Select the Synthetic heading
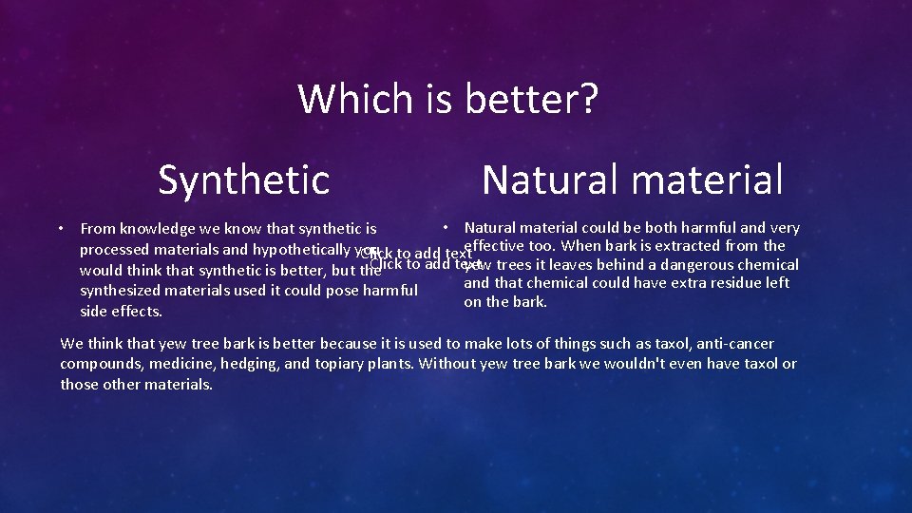[x=244, y=179]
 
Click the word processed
[x=112, y=250]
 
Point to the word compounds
[x=96, y=364]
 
